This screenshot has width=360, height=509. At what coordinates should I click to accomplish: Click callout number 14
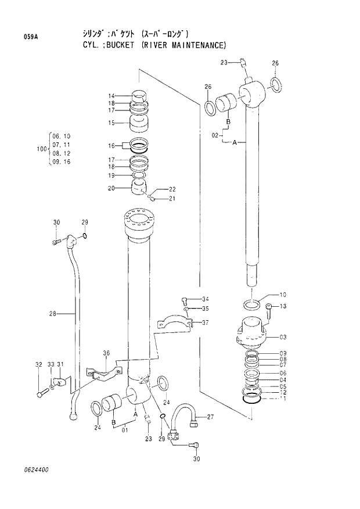click(x=111, y=96)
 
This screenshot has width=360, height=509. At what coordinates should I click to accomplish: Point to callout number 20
click(x=111, y=188)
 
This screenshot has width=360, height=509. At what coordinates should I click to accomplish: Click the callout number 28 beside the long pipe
click(x=52, y=314)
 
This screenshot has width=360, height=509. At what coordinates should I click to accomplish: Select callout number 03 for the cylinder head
click(x=283, y=337)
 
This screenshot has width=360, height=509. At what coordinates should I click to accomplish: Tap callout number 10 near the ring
click(x=283, y=295)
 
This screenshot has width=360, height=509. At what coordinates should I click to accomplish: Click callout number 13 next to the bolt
click(x=283, y=307)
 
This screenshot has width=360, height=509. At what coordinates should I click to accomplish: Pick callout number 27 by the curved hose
click(x=210, y=417)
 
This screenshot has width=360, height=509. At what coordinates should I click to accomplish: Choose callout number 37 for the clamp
click(x=205, y=323)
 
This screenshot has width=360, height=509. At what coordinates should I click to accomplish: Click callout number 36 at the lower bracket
click(x=106, y=353)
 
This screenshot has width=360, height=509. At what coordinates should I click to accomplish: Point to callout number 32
click(x=38, y=364)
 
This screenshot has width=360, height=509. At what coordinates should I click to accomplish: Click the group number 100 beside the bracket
click(x=41, y=149)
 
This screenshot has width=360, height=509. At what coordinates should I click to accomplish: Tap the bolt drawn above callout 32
click(x=41, y=394)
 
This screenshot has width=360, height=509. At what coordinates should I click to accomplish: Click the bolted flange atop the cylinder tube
click(x=139, y=224)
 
